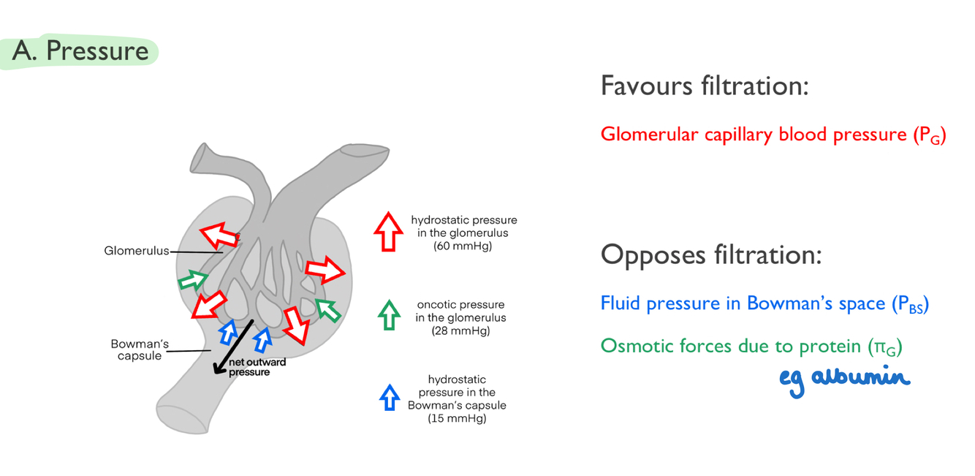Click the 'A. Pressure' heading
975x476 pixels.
pyautogui.click(x=80, y=51)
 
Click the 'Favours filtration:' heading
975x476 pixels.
pyautogui.click(x=705, y=86)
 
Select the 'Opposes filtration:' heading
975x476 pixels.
pyautogui.click(x=711, y=255)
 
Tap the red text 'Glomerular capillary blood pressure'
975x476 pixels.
pyautogui.click(x=754, y=135)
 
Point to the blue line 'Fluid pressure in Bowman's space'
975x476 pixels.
pyautogui.click(x=743, y=303)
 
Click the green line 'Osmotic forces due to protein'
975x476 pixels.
pyautogui.click(x=731, y=346)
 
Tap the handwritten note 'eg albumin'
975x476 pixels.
pyautogui.click(x=844, y=379)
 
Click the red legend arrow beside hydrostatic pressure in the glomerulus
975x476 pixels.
pyautogui.click(x=388, y=232)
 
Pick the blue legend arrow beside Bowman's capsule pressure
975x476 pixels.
pyautogui.click(x=389, y=397)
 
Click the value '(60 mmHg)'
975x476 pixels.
pyautogui.click(x=463, y=246)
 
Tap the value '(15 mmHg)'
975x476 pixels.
pyautogui.click(x=457, y=419)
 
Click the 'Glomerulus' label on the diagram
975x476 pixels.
pyautogui.click(x=137, y=252)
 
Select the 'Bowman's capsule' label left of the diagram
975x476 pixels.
pyautogui.click(x=140, y=350)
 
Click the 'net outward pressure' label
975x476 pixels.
pyautogui.click(x=257, y=367)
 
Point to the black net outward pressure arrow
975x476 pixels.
pyautogui.click(x=233, y=347)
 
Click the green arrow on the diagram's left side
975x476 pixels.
pyautogui.click(x=192, y=280)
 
